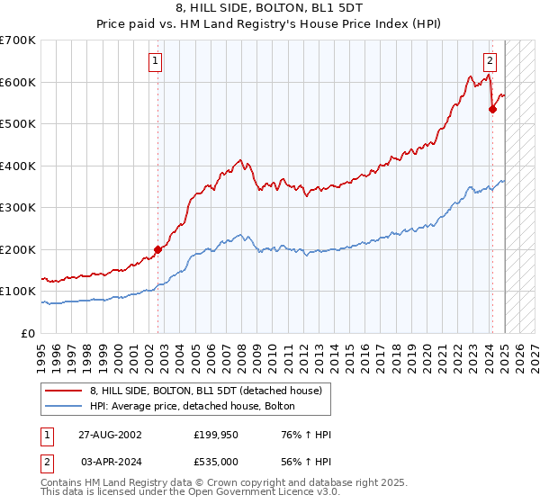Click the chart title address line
click(x=269, y=8)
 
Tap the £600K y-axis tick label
click(x=18, y=82)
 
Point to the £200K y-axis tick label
click(x=18, y=249)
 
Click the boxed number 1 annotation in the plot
click(x=156, y=61)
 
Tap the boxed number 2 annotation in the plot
click(x=490, y=61)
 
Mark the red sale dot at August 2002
click(x=157, y=249)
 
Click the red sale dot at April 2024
click(x=492, y=110)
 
